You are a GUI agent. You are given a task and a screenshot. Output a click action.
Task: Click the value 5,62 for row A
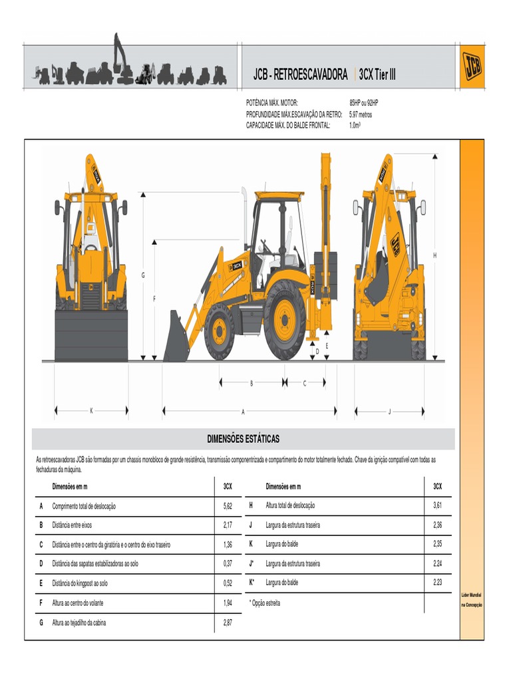tap(228, 506)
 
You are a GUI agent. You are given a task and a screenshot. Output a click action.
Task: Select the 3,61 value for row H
tap(437, 506)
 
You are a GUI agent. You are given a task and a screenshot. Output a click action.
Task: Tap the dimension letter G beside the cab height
tap(142, 275)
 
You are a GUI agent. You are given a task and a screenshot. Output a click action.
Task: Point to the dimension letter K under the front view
tap(91, 411)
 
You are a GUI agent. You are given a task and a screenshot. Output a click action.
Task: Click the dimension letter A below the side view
tap(243, 412)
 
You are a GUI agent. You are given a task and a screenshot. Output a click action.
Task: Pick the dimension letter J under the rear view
tap(389, 411)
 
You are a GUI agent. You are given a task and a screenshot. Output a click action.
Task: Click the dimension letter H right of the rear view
tap(435, 255)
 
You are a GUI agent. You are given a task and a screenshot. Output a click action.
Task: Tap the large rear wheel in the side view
tap(285, 319)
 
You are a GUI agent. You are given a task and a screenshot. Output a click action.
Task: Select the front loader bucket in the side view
tap(176, 338)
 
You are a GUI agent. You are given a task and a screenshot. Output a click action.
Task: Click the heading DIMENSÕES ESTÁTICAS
tap(244, 439)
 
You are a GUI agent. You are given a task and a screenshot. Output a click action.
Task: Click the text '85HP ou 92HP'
tap(364, 104)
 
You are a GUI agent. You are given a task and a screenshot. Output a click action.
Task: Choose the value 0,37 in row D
tap(228, 564)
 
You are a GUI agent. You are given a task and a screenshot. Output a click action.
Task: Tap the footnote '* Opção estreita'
tap(265, 603)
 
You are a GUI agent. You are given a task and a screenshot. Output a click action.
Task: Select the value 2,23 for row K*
tap(437, 583)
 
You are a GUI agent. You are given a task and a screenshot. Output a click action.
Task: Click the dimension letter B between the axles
tap(252, 383)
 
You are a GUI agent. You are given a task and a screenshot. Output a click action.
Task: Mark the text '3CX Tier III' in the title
tap(377, 75)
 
